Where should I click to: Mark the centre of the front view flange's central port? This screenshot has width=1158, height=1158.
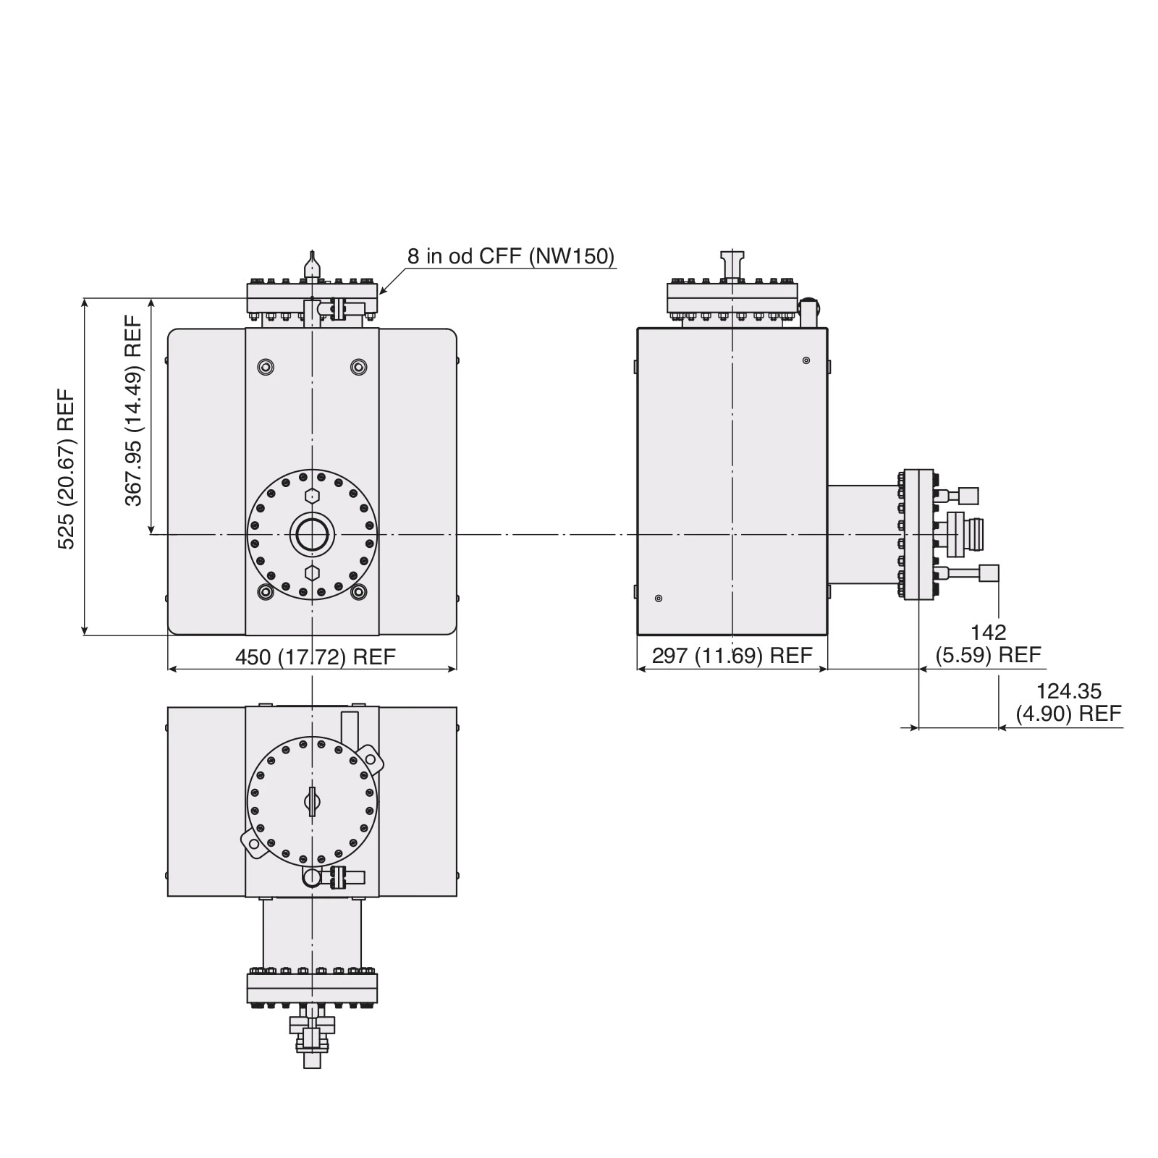coord(312,534)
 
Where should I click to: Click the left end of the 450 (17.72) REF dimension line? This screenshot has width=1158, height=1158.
coord(168,669)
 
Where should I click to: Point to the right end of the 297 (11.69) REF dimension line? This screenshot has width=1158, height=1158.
coord(827,669)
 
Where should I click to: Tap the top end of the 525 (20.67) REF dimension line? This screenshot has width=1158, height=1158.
coord(85,297)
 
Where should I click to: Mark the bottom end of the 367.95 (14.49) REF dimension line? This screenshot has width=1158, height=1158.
coord(151,534)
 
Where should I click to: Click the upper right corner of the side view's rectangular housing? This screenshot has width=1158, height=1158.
coord(827,329)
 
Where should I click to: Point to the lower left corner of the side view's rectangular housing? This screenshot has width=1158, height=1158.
coord(638,635)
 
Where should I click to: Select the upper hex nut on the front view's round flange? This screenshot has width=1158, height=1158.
coord(312,496)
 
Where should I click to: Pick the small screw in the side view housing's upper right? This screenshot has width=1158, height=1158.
coord(806,360)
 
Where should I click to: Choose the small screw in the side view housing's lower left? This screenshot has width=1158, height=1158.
coord(658,598)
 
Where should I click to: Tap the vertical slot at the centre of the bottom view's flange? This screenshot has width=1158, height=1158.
coord(312,801)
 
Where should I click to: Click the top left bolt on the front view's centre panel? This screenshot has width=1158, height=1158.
coord(266,367)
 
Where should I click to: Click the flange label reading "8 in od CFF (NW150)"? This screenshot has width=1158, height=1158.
coord(511,256)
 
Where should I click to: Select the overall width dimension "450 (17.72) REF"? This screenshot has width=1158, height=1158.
coord(316,656)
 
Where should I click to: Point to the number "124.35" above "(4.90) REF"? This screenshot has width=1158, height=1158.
coord(1068,691)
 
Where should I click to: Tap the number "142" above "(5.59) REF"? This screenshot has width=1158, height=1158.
coord(989,633)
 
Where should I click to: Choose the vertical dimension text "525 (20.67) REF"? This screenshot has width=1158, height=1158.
coord(66,469)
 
